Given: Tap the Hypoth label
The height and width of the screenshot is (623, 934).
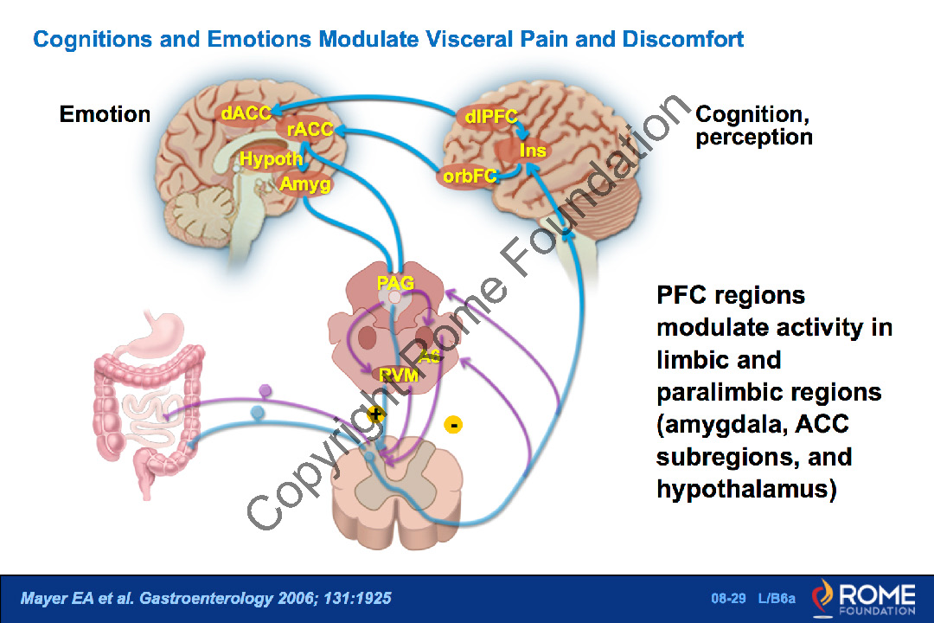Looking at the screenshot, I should tap(271, 159).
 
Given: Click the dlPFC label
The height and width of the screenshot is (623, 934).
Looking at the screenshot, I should tap(490, 118).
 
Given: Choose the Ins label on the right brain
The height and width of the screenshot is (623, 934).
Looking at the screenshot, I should tap(533, 150).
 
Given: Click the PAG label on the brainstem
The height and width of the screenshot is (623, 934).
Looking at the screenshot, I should tap(395, 283).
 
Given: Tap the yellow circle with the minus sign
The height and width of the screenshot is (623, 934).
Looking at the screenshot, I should tap(453, 424).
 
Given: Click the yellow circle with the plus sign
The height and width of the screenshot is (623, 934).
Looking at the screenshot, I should tap(375, 414).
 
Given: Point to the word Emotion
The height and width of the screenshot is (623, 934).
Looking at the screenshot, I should tap(105, 114).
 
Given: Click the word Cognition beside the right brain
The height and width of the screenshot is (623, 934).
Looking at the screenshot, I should tap(748, 114).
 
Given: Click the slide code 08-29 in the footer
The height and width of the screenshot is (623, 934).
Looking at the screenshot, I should tap(724, 599).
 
